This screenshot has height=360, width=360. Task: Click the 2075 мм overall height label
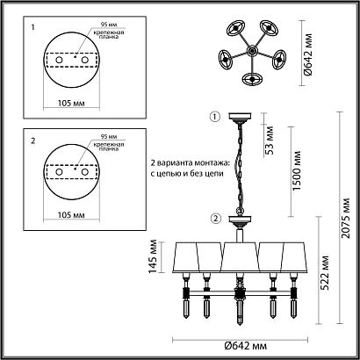[x=346, y=218]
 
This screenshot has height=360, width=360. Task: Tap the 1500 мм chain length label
[x=297, y=170]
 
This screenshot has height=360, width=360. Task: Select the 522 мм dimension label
[x=324, y=272]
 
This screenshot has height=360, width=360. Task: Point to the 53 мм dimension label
[x=270, y=140]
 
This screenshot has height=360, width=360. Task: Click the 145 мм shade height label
[x=153, y=256]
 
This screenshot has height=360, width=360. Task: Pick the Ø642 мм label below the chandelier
[x=246, y=346]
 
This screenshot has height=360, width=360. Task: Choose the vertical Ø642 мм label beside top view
[x=308, y=54]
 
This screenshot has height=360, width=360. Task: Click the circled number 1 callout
[x=215, y=117]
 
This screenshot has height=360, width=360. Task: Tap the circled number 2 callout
[x=215, y=219]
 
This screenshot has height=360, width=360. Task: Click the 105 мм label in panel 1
[x=71, y=103]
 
